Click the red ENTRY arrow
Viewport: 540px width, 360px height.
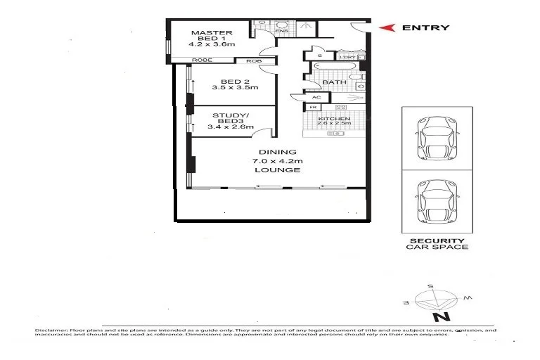click(x=385, y=28)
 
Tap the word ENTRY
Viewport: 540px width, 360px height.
click(x=425, y=28)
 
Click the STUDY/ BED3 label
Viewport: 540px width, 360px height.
click(x=226, y=117)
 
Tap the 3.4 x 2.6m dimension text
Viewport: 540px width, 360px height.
click(x=226, y=127)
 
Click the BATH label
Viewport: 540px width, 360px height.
click(x=331, y=82)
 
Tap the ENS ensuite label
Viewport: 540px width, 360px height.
click(x=281, y=32)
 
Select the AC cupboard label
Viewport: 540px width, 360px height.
click(x=316, y=97)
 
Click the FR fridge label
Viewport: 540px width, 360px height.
click(x=314, y=108)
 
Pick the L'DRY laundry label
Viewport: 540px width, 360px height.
click(x=347, y=57)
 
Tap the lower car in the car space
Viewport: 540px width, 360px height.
click(x=437, y=201)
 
